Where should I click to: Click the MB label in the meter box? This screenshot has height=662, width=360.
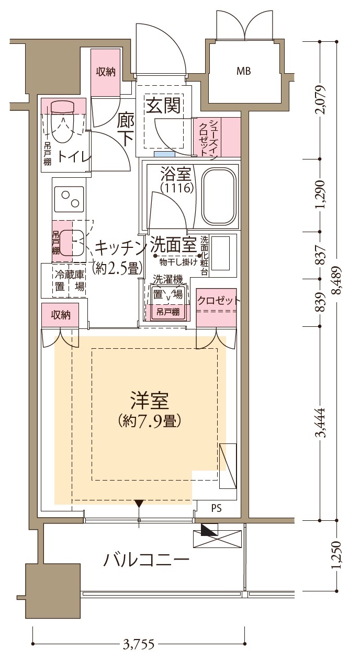(x=243, y=71)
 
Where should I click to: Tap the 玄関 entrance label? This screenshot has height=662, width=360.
(x=164, y=105)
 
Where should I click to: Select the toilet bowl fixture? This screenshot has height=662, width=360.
(x=63, y=122)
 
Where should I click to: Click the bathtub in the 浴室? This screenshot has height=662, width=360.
(x=220, y=196)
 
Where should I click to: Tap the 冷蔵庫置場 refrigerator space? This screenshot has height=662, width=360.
(x=70, y=281)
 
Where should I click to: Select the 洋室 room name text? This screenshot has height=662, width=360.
(x=149, y=401)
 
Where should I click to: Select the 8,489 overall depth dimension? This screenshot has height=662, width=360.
(x=336, y=280)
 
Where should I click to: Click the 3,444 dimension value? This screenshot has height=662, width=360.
(x=320, y=423)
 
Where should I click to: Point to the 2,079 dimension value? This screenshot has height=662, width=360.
(x=320, y=99)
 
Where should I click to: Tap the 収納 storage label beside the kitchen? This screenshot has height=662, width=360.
(x=61, y=315)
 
